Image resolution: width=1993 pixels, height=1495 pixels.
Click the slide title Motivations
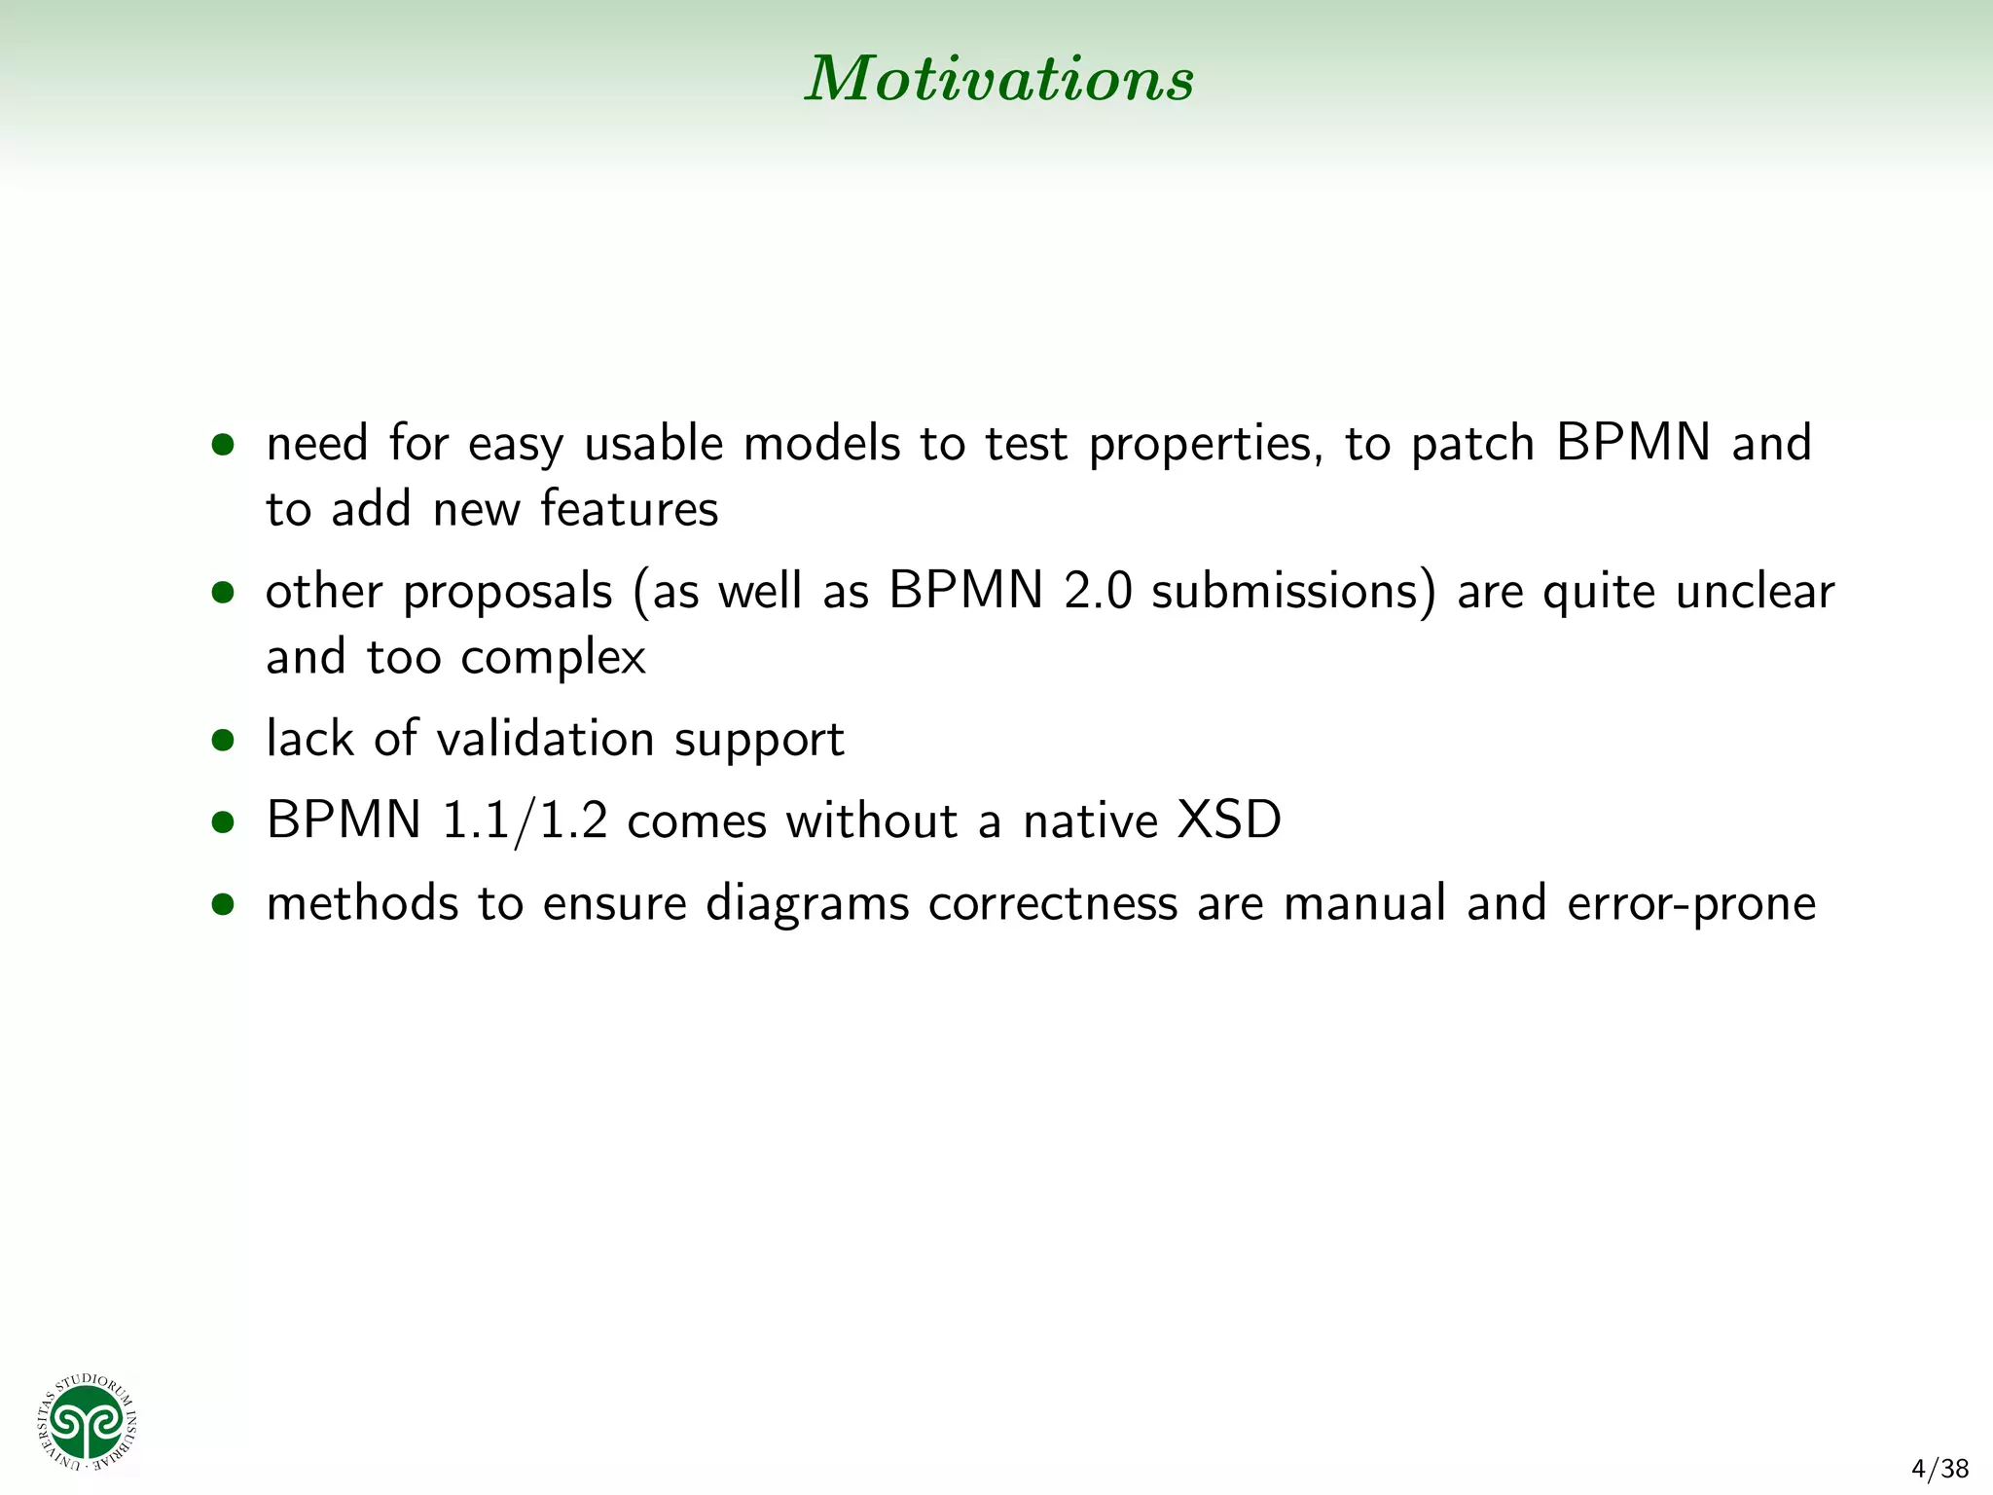pos(998,79)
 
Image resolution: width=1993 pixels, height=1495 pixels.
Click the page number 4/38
pos(1939,1468)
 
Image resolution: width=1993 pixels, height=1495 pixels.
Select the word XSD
pos(1228,820)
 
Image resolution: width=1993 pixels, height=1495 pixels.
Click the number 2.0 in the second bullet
pos(1098,592)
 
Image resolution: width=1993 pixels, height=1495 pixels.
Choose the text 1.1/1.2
pos(525,821)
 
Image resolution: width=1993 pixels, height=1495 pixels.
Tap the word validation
pos(545,739)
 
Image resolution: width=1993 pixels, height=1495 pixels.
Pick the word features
pos(629,509)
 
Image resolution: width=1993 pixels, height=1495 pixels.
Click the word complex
pos(553,658)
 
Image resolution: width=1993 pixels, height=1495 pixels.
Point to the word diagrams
pos(807,904)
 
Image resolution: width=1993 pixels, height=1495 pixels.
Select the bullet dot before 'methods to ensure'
pos(223,904)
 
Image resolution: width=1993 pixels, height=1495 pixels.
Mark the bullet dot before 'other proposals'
pos(223,593)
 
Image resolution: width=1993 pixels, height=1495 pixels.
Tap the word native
pos(1090,820)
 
